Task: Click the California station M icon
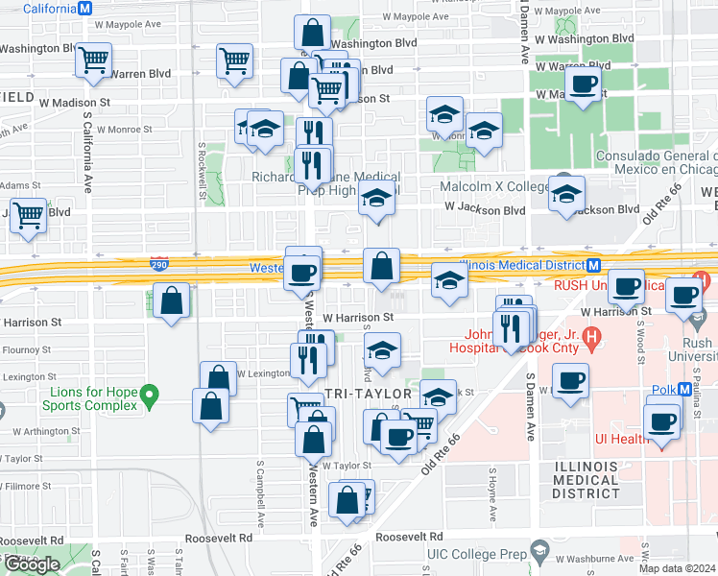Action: [x=84, y=8]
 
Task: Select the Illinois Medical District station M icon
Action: [x=594, y=266]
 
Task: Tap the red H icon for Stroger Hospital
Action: [x=591, y=337]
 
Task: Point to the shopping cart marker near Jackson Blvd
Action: [x=28, y=216]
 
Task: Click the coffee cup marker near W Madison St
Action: [x=583, y=84]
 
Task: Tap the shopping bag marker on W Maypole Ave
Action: [x=313, y=33]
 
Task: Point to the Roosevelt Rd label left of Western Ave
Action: [x=219, y=539]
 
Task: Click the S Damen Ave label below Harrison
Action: [x=530, y=402]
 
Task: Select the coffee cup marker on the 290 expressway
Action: [x=303, y=272]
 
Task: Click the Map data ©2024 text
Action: [x=677, y=568]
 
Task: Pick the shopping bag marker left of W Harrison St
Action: [x=170, y=301]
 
